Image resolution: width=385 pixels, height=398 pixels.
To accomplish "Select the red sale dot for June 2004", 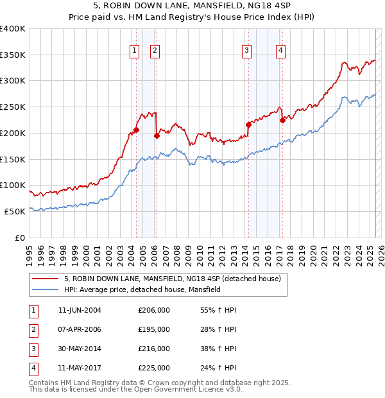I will (x=136, y=130).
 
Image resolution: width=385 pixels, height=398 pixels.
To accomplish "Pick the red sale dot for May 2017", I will (x=282, y=119).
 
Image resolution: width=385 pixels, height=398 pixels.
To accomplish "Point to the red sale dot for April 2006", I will (x=157, y=135).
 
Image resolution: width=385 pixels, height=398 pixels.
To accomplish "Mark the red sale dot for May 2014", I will (x=248, y=125).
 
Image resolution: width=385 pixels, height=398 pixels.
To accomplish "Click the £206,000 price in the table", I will (x=154, y=310).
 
